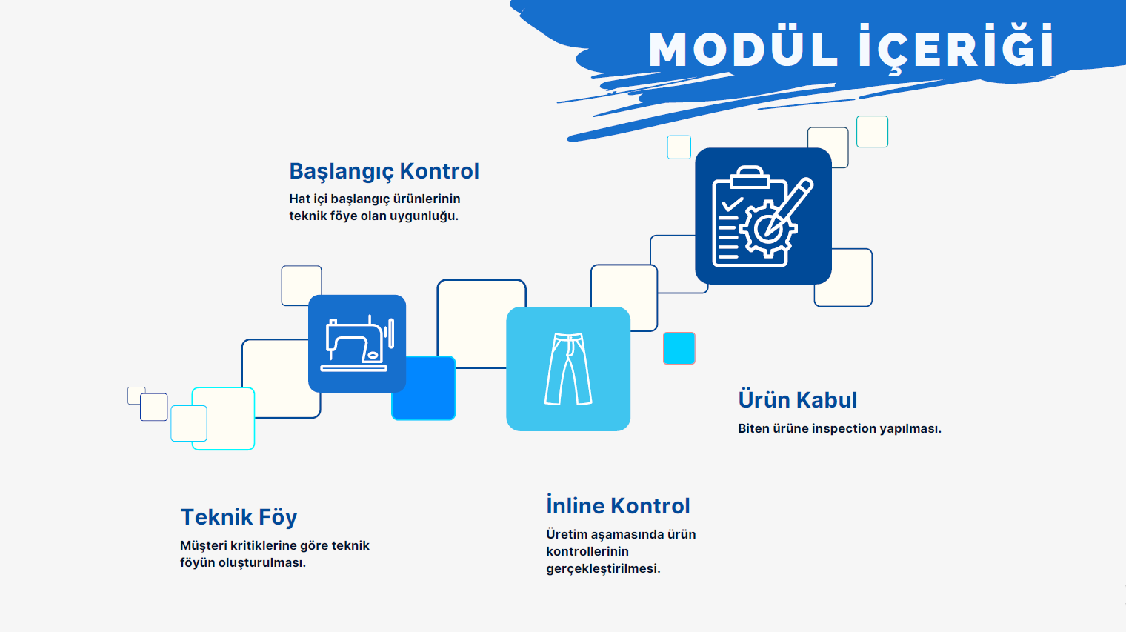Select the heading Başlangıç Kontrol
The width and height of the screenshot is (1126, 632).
(x=384, y=171)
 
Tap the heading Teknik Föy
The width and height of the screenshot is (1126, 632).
(x=239, y=517)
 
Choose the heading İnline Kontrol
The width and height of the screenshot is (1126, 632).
(x=618, y=505)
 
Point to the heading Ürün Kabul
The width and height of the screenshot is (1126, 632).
(x=797, y=400)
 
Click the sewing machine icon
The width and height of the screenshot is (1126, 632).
(x=357, y=343)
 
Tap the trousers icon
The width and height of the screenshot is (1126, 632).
(x=568, y=368)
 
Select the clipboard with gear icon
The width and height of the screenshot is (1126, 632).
(x=763, y=216)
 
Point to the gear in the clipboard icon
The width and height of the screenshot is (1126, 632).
(x=767, y=229)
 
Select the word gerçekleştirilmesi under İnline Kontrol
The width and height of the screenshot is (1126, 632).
(x=603, y=569)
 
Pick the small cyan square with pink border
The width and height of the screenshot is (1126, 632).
(x=679, y=348)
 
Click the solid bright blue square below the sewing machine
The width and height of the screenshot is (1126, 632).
(x=424, y=388)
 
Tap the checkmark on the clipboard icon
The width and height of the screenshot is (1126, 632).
(x=732, y=204)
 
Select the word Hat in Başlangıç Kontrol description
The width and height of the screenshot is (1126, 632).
(x=299, y=199)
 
